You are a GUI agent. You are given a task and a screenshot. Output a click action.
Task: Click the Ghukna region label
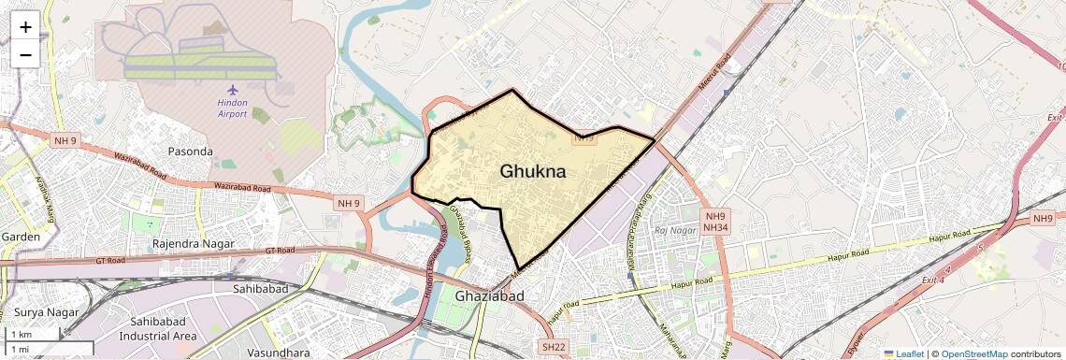[533, 171]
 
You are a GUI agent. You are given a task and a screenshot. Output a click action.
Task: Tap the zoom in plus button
[25, 26]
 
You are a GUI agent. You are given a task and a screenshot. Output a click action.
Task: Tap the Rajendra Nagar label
[195, 244]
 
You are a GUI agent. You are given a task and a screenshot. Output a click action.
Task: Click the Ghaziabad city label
[489, 296]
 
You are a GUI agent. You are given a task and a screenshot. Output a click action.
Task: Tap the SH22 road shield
[554, 347]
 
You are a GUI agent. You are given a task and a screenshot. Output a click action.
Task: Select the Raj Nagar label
[676, 230]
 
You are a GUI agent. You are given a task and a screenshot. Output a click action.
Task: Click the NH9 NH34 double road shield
[715, 221]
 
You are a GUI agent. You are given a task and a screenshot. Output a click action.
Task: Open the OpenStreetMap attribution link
[974, 353]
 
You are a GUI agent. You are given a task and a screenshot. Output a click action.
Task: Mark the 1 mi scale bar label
[20, 349]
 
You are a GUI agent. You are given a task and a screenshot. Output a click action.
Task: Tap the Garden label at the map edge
[20, 237]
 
